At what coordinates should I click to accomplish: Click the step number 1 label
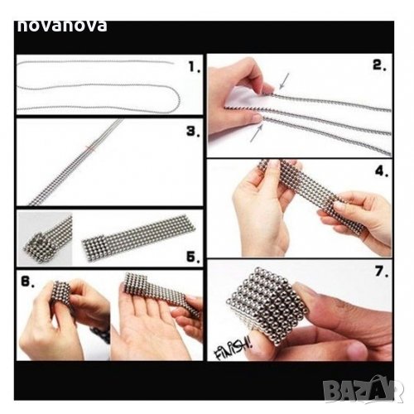coord(194,67)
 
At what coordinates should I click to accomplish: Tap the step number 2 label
coord(379,65)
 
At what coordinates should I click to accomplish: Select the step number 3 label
coord(193,132)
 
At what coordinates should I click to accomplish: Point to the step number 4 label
coord(382,171)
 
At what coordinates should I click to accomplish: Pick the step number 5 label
coord(193,258)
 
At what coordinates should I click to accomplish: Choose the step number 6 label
coord(28,282)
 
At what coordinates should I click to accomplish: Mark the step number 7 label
coord(382,272)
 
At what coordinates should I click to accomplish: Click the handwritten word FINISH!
coord(233,349)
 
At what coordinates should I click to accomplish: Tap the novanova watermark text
coord(62,26)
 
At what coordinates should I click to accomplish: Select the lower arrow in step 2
coord(257,133)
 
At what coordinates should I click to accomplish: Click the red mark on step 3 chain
coord(91,149)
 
